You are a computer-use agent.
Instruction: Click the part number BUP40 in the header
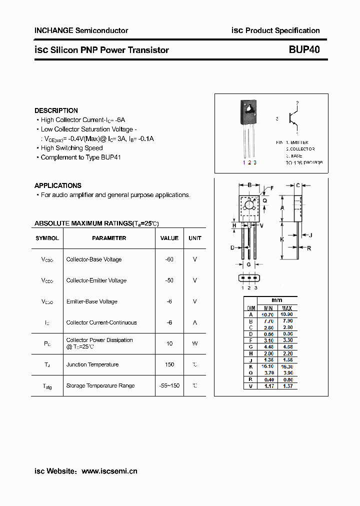click(304, 50)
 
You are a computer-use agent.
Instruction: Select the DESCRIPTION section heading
click(56, 110)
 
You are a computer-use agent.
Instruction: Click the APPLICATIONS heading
click(57, 185)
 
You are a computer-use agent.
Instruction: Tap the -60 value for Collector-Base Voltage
click(169, 259)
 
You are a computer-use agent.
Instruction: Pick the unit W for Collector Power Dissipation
click(195, 343)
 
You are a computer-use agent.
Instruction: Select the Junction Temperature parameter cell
click(92, 364)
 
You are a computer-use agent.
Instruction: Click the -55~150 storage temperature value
click(169, 385)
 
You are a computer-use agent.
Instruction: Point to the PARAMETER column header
click(109, 238)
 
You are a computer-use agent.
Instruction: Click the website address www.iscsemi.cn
click(109, 471)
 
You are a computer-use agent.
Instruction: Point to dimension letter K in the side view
click(282, 239)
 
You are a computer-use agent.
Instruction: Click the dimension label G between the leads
click(249, 264)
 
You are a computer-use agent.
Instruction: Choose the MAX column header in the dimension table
click(286, 308)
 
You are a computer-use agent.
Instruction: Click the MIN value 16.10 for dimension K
click(268, 366)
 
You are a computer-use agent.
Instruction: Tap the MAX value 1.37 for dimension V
click(286, 385)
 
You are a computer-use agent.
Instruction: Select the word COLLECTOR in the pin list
click(301, 149)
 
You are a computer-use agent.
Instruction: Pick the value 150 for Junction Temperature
click(169, 364)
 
